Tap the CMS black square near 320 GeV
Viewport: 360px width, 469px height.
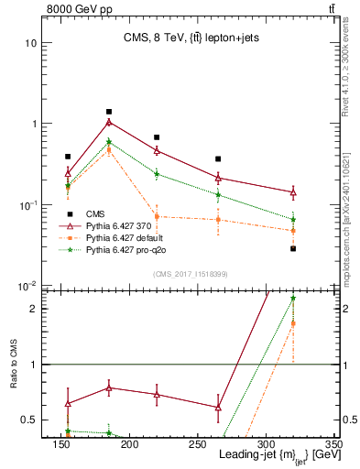pos(293,248)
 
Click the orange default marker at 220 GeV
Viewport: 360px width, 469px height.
pos(157,216)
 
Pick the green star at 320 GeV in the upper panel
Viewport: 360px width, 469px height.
pos(293,219)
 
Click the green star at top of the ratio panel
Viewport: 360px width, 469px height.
pos(293,298)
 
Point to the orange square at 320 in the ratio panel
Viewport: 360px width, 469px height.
pos(293,323)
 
